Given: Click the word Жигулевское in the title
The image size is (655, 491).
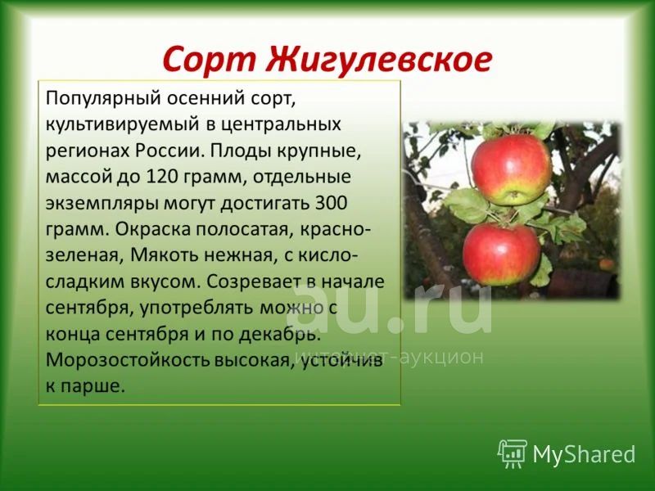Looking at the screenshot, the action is (379, 61).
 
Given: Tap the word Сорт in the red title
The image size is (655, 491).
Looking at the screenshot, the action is (210, 61).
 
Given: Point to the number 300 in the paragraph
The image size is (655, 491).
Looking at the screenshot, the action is (332, 203).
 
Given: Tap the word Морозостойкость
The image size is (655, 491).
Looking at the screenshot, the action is (128, 360).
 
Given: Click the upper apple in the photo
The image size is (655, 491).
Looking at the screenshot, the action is (511, 169).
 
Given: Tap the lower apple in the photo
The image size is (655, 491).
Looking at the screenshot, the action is (501, 255).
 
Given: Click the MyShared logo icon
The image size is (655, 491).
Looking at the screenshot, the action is (513, 453).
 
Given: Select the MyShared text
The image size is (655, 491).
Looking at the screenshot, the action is (584, 454).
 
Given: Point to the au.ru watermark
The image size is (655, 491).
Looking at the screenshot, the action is (390, 309).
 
